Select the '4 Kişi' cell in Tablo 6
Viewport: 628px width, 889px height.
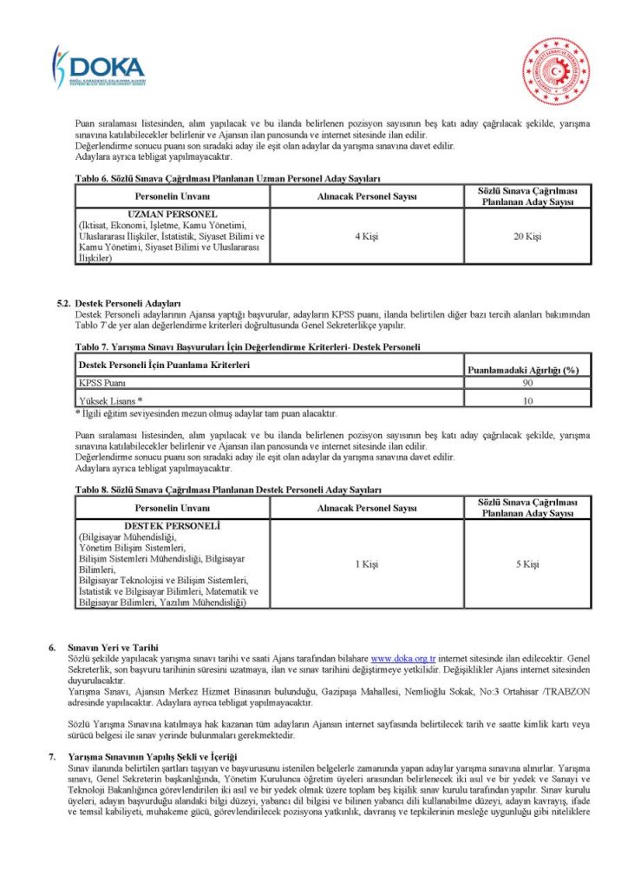click(367, 236)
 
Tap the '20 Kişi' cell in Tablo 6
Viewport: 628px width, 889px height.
click(527, 236)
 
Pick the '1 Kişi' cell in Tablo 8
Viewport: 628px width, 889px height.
click(367, 564)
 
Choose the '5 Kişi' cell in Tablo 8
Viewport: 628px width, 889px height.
click(527, 564)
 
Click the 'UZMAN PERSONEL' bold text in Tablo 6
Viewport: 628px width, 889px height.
click(171, 214)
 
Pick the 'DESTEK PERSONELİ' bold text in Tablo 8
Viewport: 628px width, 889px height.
click(172, 526)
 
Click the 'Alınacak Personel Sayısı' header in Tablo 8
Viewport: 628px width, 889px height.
click(367, 508)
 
